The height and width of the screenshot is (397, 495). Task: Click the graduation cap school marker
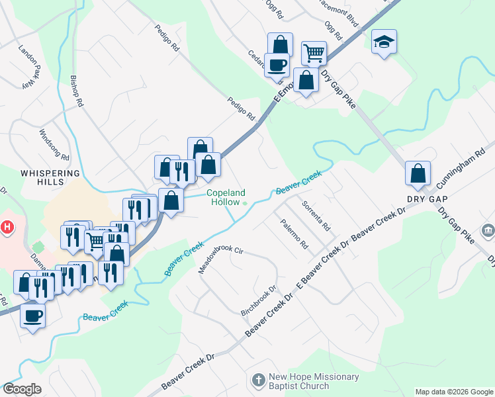tap(384, 42)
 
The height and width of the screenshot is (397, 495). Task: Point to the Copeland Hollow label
tap(226, 197)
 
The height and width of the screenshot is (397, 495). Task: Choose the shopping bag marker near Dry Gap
tap(418, 173)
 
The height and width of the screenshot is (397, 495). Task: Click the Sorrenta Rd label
tap(316, 215)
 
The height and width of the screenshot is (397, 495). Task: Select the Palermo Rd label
tap(294, 234)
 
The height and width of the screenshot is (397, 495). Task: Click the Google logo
tap(22, 389)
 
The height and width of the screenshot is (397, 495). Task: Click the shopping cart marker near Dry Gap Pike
tap(313, 52)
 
